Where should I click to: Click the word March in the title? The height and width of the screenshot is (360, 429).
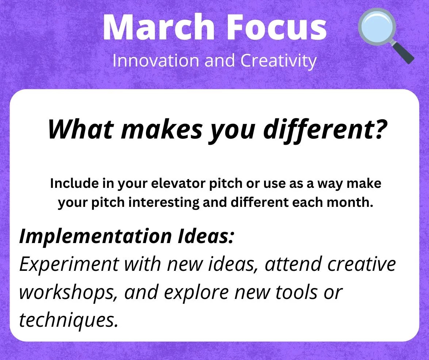159,27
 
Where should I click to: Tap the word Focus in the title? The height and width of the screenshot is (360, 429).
276,27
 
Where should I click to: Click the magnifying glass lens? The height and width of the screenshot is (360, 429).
377,27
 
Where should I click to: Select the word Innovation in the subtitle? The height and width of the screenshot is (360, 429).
156,60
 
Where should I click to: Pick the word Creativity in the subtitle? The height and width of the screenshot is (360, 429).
279,61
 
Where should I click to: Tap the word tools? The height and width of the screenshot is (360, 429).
296,292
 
